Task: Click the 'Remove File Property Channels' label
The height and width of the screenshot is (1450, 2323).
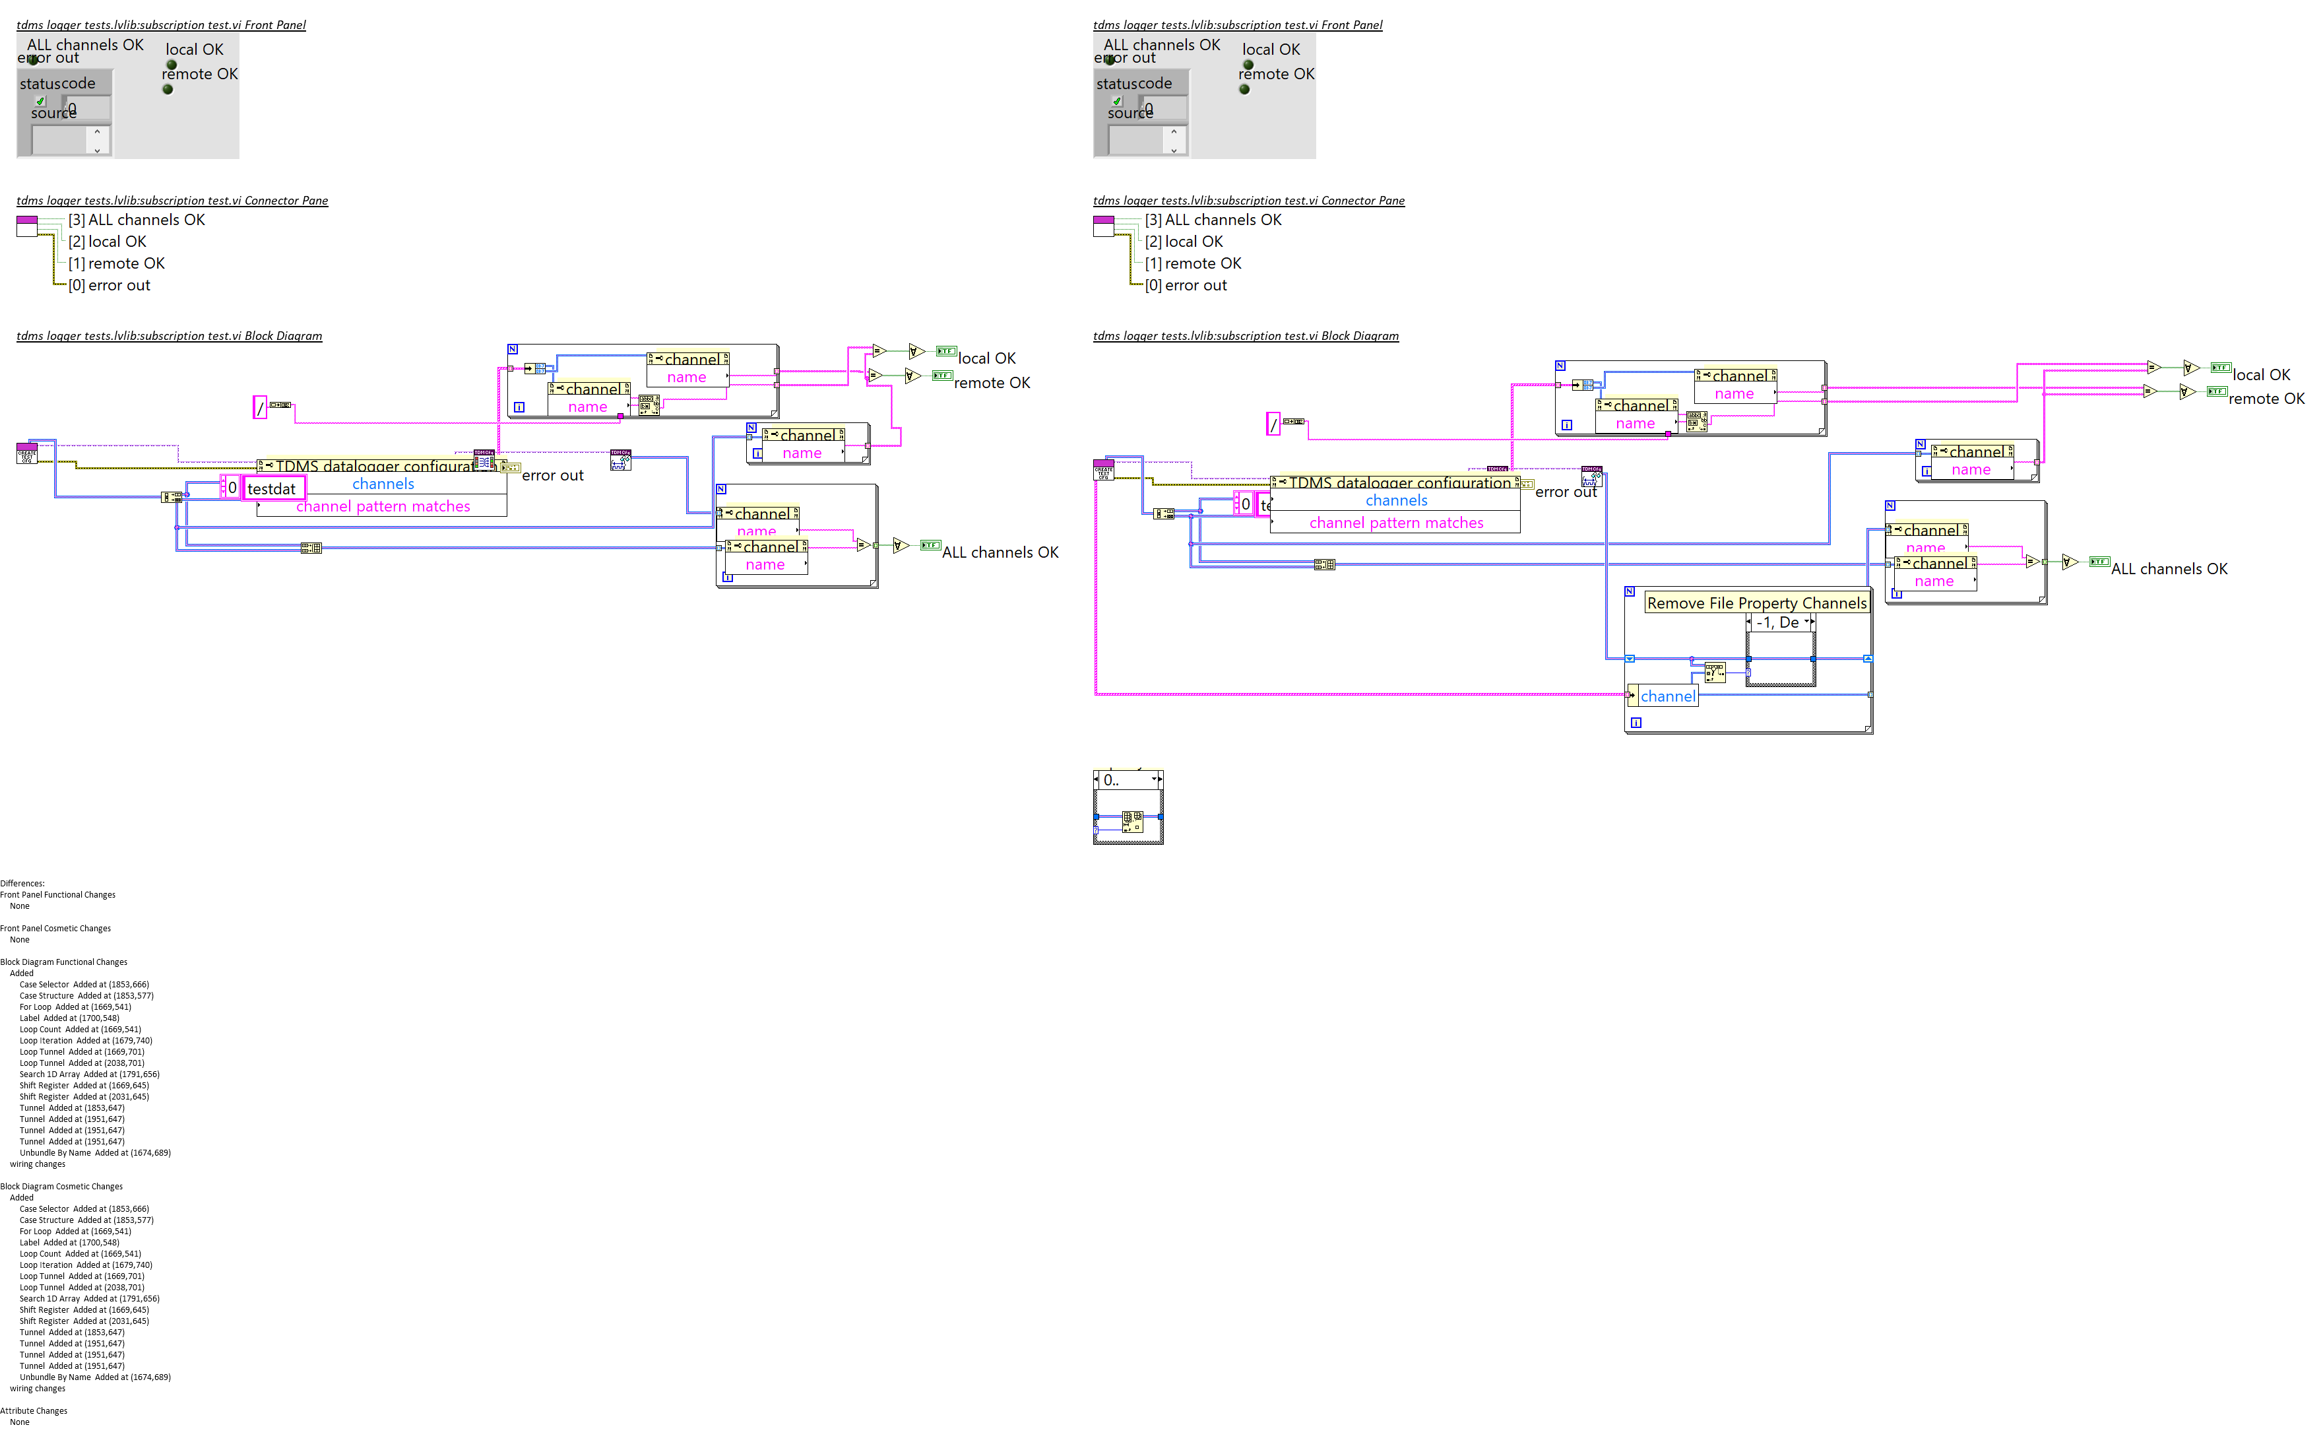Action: tap(1756, 603)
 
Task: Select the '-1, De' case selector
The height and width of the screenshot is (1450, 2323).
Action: tap(1779, 622)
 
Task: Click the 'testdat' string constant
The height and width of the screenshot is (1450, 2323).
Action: tap(273, 489)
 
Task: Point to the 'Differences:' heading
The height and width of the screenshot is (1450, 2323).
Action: tap(22, 883)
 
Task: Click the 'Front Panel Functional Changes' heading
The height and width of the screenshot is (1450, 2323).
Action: tap(57, 895)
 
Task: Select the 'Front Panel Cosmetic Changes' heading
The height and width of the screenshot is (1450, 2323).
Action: tap(55, 929)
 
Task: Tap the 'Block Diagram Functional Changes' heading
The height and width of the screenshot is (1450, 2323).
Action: tap(63, 962)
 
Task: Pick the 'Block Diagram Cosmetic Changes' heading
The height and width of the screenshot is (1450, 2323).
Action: tap(61, 1186)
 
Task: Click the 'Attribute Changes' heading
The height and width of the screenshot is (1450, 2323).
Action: tap(34, 1410)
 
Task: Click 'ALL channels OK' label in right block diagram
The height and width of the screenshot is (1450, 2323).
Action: tap(2169, 569)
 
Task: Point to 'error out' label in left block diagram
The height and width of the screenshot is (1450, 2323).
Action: tap(552, 476)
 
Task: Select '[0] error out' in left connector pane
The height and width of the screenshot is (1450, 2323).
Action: tap(110, 286)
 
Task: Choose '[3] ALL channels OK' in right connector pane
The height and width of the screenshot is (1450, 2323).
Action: tap(1213, 220)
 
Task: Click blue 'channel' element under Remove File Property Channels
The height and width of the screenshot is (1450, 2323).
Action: tap(1667, 696)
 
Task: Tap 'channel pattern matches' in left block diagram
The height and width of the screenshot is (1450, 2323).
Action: tap(383, 506)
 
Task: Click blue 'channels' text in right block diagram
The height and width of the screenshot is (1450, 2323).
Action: tap(1396, 500)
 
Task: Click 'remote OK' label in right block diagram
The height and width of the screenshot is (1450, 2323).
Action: tap(2266, 399)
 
